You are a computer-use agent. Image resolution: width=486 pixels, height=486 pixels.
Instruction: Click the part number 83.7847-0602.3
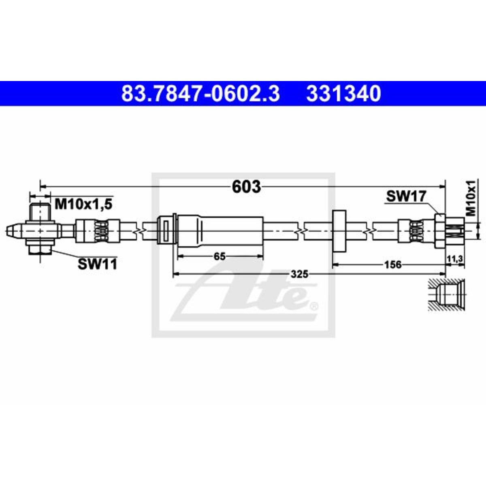point(200,93)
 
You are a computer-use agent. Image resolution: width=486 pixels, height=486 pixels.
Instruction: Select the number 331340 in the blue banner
point(343,93)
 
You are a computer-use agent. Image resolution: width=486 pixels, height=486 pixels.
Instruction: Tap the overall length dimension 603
point(246,187)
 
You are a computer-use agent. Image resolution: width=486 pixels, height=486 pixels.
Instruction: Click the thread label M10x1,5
point(83,204)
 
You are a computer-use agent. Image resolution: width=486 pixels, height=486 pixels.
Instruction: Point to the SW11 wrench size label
point(97,264)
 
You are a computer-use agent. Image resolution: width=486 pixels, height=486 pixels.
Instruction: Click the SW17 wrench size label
point(406,196)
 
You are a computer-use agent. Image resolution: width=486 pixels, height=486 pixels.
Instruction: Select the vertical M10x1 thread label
point(470,198)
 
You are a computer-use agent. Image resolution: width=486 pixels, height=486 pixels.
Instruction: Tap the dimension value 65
point(220,256)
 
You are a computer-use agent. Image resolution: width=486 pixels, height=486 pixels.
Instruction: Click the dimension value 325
point(299,274)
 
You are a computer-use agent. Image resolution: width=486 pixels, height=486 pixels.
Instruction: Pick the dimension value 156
point(392,264)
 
